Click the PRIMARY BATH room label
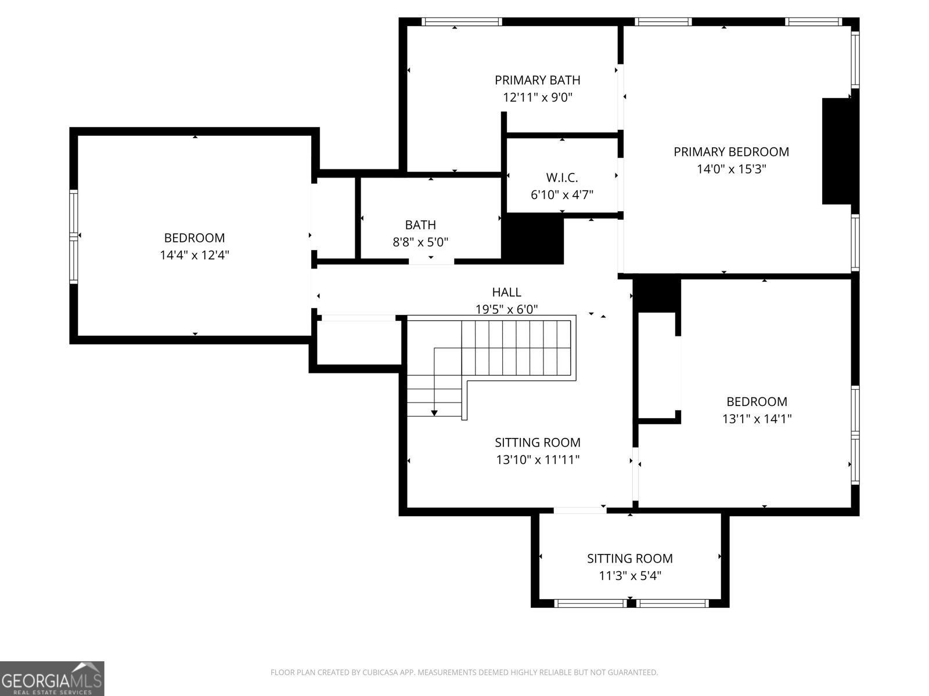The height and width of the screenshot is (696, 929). (537, 80)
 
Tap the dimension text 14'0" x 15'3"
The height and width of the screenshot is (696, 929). (732, 169)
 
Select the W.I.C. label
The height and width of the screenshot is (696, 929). (561, 177)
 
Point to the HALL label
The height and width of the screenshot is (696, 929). (506, 292)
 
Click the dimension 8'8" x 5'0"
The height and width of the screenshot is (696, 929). (420, 242)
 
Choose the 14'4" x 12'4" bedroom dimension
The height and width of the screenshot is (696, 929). (195, 255)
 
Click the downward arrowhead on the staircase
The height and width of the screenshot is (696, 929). (434, 413)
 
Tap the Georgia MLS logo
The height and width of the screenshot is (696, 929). (52, 678)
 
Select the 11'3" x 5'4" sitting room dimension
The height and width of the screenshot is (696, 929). (630, 575)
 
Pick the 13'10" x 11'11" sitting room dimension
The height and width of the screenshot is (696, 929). (538, 459)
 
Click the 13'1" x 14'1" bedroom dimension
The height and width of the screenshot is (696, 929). (757, 418)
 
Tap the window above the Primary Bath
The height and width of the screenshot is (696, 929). (462, 21)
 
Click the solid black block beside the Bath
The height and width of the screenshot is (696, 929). (532, 238)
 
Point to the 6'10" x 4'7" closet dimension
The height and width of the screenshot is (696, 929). (561, 195)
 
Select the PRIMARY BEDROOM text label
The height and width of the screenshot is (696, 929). (732, 152)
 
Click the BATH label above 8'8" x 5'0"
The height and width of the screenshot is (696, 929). (420, 225)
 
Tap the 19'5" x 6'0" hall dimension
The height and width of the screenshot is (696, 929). (506, 309)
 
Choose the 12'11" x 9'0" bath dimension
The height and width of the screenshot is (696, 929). (537, 97)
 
